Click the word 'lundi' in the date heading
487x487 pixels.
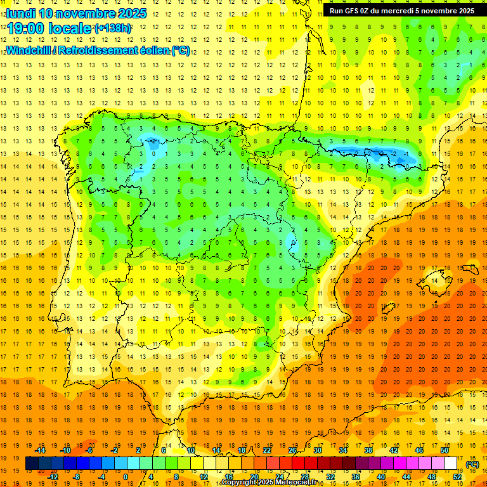[20, 13]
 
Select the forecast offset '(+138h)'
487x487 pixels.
[113, 29]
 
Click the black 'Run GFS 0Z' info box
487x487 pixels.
[402, 10]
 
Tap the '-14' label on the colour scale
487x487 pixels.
[41, 450]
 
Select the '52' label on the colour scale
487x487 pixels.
[457, 477]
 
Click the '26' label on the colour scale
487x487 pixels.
[292, 450]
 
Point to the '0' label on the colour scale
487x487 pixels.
[126, 477]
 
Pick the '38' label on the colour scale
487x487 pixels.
[368, 450]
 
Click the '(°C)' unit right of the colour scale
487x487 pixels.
[472, 464]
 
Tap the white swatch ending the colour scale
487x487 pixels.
[450, 464]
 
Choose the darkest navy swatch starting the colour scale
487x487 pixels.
[32, 464]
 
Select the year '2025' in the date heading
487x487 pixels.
[131, 13]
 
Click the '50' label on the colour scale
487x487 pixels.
[444, 450]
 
